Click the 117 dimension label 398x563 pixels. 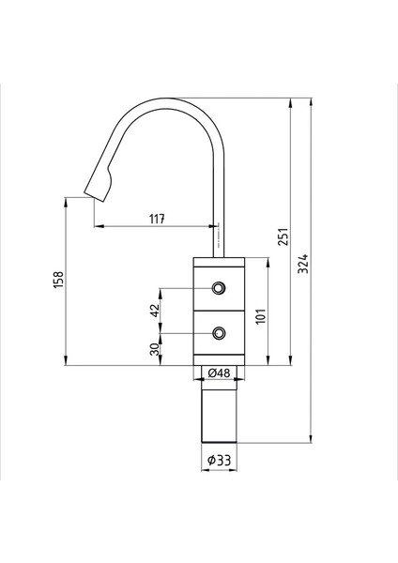point(157,219)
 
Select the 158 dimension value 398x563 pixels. point(58,280)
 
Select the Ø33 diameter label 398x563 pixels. point(219,459)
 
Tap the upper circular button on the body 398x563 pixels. point(219,288)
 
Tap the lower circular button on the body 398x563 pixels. point(219,332)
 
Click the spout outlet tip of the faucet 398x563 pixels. point(94,194)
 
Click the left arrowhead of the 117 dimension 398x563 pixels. point(97,226)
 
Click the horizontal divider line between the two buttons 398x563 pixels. point(219,310)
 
